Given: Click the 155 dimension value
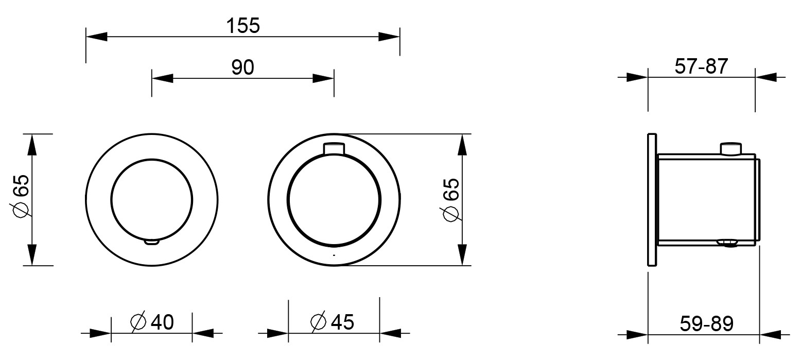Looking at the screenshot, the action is pos(243,26).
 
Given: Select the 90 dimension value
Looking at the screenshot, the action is pos(242,67).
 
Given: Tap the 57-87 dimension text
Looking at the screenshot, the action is pos(701,66).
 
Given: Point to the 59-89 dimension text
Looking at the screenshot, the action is pos(707,324).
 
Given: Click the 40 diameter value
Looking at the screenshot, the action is pos(162,322).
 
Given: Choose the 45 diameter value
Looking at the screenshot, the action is pos(342,322).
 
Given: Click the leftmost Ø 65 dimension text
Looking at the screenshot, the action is pos(21,195).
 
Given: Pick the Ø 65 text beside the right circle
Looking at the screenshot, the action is pos(451,199).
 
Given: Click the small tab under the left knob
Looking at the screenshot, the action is pos(152,242).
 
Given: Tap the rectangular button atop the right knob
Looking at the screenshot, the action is pos(334,149).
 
